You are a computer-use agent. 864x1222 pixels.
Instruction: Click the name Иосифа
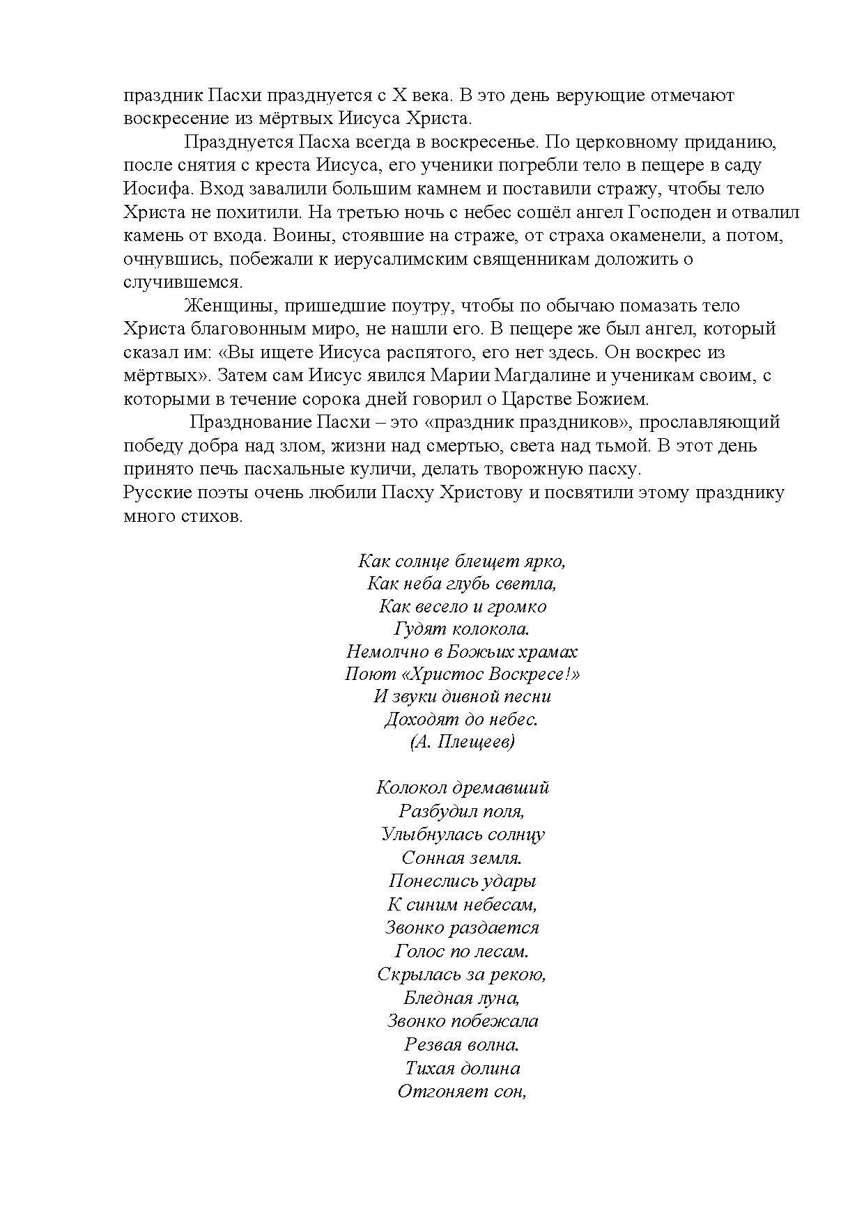click(x=155, y=190)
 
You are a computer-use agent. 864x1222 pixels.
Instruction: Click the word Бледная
click(x=434, y=998)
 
